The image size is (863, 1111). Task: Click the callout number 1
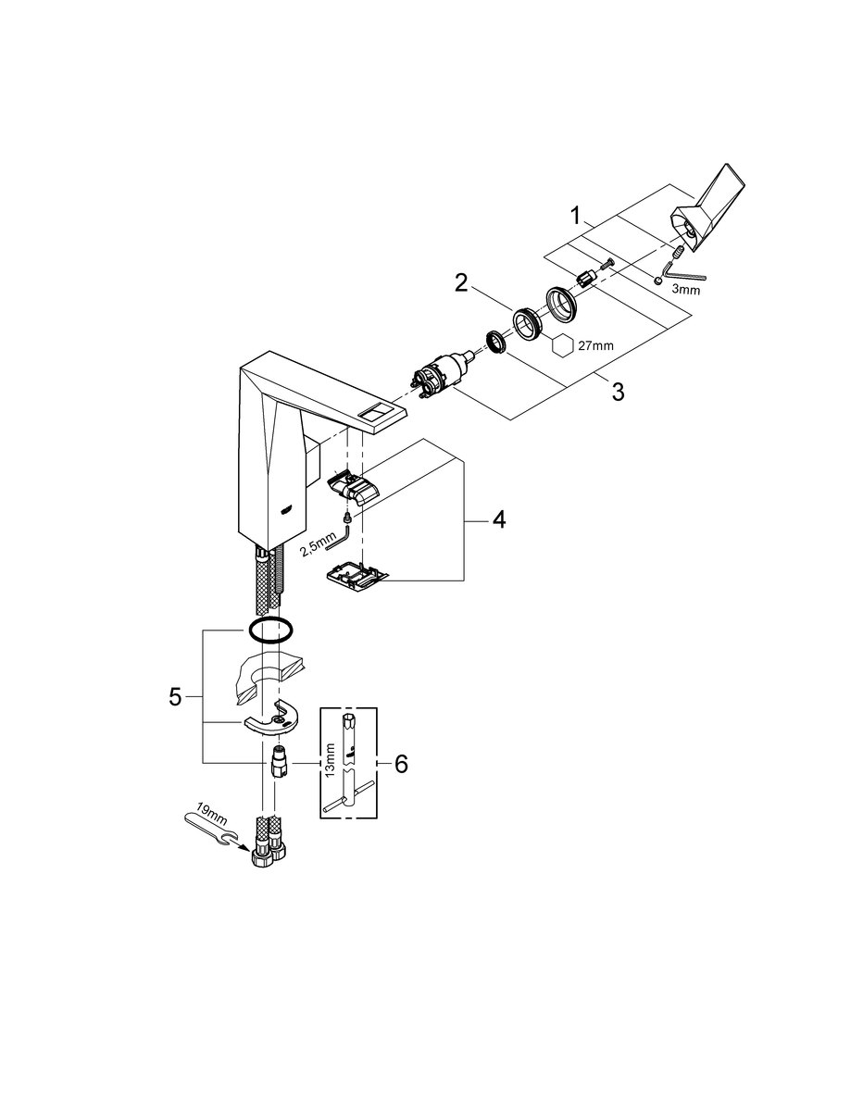pos(576,217)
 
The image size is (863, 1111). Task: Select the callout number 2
pos(462,283)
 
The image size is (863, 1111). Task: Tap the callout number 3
pos(619,393)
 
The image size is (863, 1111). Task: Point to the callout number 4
pos(499,520)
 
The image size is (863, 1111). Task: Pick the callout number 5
pos(175,697)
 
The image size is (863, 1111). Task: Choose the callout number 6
pos(401,765)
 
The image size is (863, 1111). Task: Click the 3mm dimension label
pos(685,290)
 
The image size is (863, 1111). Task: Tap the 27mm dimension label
pos(595,346)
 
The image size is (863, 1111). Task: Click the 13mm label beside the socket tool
pos(331,760)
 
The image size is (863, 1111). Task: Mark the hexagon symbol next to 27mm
pos(563,344)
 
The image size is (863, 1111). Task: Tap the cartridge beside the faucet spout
pos(438,378)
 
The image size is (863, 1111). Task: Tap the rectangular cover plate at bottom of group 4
pos(357,574)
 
